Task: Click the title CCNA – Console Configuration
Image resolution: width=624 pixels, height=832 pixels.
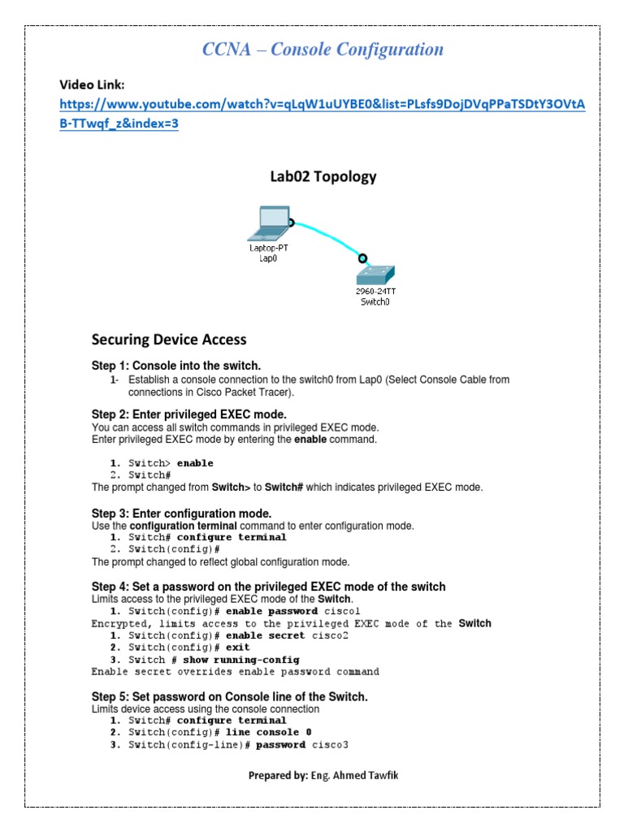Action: [x=323, y=50]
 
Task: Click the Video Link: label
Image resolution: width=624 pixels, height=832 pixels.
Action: [x=93, y=84]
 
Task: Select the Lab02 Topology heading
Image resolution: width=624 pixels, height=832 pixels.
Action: [x=323, y=176]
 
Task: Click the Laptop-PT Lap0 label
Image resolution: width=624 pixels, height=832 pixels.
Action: [x=268, y=253]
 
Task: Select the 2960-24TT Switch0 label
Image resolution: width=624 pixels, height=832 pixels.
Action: [x=376, y=295]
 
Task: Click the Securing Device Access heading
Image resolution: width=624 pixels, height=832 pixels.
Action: [x=169, y=340]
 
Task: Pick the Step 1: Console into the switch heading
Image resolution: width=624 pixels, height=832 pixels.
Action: [x=176, y=366]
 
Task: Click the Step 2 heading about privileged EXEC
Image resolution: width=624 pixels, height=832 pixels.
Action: [x=189, y=414]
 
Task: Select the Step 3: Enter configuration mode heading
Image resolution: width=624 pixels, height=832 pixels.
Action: [x=181, y=513]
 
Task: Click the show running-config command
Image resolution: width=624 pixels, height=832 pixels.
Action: [x=240, y=660]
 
